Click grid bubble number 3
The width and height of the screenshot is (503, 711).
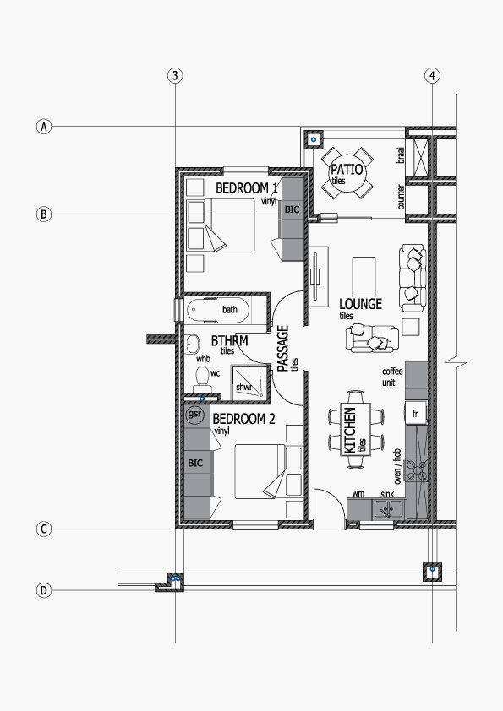175,75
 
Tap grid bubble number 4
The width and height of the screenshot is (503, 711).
432,75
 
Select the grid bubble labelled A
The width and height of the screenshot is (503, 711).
44,127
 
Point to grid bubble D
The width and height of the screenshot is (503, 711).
44,590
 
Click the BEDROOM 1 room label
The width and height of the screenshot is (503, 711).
247,187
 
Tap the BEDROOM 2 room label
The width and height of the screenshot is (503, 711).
243,419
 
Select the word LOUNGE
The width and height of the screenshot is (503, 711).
360,304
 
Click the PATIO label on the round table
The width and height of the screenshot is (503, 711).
347,170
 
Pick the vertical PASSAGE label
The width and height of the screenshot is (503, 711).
283,348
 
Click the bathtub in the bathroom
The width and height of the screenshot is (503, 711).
218,310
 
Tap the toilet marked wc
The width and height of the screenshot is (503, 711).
203,379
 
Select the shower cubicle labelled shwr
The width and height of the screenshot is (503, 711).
249,383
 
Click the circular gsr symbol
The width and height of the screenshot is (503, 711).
194,415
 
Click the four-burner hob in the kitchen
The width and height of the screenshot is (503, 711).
417,470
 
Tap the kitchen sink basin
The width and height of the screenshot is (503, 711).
388,510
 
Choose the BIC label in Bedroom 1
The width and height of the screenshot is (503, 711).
293,209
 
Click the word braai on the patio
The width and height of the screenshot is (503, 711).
401,155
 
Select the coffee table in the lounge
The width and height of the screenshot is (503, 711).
364,276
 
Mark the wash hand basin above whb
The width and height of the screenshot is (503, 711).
193,345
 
